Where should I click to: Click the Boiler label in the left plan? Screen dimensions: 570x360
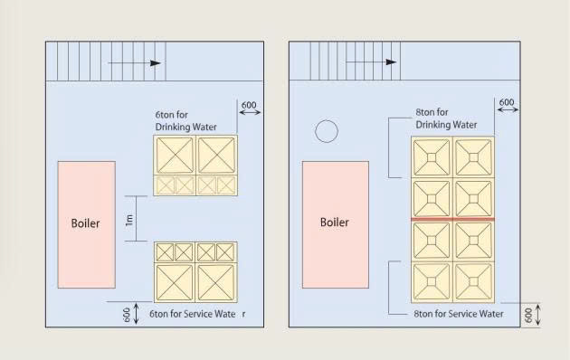[x=85, y=223]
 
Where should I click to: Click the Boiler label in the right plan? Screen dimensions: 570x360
[x=335, y=222]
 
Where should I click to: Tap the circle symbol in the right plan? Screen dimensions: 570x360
[x=327, y=131]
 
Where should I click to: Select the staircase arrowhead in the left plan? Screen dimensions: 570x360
[x=156, y=62]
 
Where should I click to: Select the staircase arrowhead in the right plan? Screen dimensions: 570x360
[x=391, y=62]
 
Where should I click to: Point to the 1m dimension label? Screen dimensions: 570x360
[x=129, y=220]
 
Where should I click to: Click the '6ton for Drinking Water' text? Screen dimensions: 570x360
[x=185, y=121]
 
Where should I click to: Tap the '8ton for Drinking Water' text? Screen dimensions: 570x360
[x=446, y=118]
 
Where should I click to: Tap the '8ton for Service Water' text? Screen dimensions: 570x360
[x=459, y=314]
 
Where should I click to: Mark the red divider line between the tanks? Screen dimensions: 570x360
[x=452, y=219]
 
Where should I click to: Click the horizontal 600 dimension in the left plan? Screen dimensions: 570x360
[x=249, y=109]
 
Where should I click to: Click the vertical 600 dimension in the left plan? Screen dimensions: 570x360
[x=131, y=314]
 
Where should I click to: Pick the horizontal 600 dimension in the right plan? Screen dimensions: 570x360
[x=507, y=106]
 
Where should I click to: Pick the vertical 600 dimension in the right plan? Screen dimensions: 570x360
[x=533, y=315]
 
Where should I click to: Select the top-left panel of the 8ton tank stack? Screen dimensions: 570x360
[x=432, y=157]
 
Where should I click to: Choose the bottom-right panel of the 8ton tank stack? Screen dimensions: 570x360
[x=473, y=282]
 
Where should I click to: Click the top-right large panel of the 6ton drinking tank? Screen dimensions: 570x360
[x=216, y=155]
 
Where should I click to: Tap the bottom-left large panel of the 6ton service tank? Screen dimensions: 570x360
[x=175, y=282]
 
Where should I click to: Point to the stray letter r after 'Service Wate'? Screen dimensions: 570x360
[x=243, y=315]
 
